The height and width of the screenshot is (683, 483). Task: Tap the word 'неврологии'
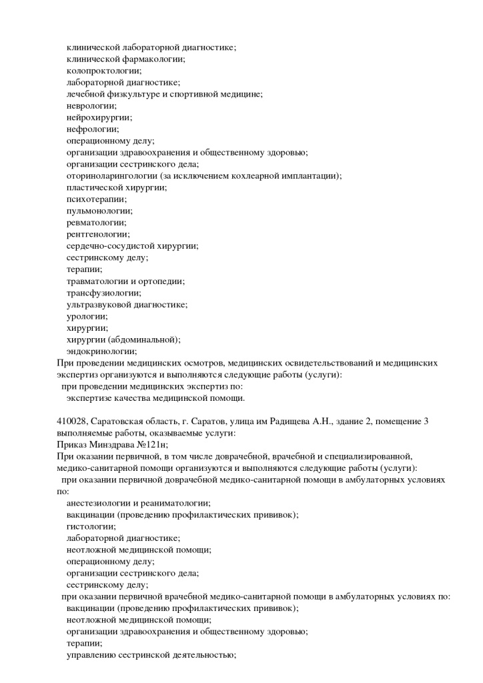click(x=90, y=105)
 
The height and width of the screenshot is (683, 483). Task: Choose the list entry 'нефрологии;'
click(x=93, y=129)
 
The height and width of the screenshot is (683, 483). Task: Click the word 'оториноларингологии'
click(x=112, y=175)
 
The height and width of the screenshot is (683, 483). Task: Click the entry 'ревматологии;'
click(x=96, y=222)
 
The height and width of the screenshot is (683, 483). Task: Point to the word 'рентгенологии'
click(x=97, y=234)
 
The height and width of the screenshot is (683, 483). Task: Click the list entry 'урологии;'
click(x=87, y=316)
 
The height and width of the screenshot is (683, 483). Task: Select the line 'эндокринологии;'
click(x=101, y=351)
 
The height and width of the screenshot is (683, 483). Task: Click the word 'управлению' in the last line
click(x=91, y=655)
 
